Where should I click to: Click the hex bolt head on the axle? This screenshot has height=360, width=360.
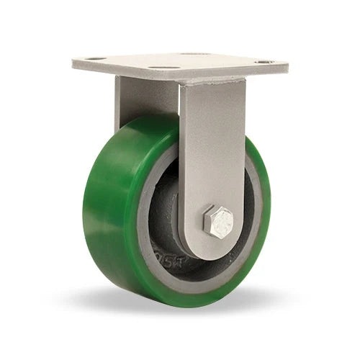[x=217, y=221]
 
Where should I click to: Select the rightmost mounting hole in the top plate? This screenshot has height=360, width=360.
[x=265, y=62]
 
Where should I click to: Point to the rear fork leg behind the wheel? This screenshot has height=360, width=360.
[x=137, y=101]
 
